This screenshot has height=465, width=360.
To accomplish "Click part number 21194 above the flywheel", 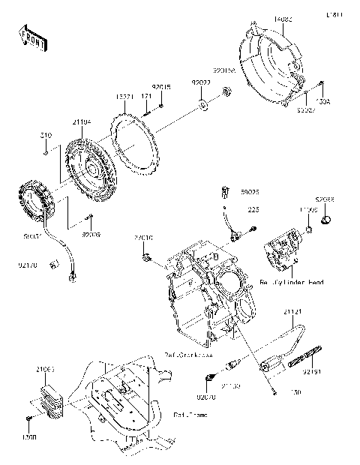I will click(82, 121).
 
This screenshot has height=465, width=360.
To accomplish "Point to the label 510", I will click(46, 136).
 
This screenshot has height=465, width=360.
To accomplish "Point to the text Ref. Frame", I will click(188, 414).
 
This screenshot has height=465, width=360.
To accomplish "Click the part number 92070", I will click(205, 396).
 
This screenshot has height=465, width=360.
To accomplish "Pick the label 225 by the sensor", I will click(253, 211).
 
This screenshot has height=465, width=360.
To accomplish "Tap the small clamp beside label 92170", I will click(52, 264).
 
